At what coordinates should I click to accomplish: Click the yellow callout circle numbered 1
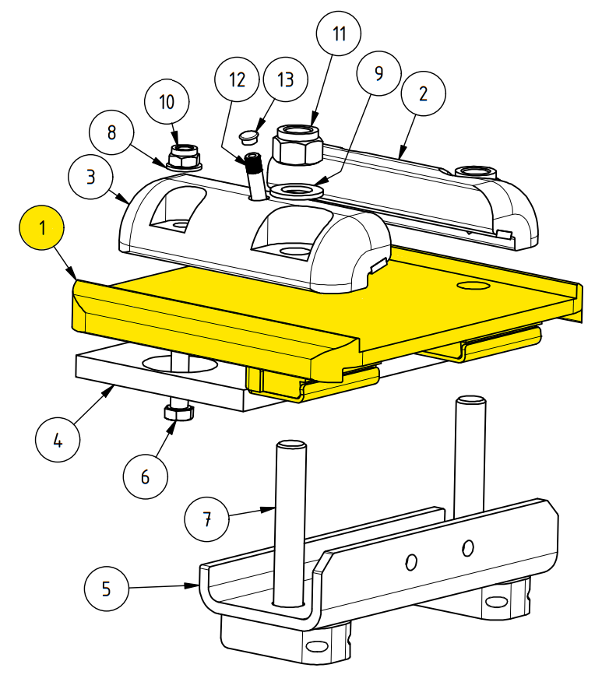[42, 227]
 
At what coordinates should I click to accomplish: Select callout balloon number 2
[423, 93]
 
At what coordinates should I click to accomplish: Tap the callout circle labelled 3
[90, 177]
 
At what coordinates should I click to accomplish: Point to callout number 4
[58, 440]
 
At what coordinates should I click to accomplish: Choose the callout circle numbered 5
[107, 589]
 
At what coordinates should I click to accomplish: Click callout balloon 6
[146, 476]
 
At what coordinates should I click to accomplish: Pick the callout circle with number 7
[206, 519]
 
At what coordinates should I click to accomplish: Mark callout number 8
[111, 132]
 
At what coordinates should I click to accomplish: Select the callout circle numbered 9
[378, 73]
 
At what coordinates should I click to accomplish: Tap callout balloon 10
[167, 102]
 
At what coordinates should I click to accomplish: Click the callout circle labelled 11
[339, 33]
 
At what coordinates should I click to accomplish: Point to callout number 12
[237, 79]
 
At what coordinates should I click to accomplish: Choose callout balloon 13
[285, 79]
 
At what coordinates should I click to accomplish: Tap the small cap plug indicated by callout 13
[248, 135]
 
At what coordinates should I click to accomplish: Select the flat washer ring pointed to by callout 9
[296, 190]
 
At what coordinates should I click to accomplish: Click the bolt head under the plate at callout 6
[178, 412]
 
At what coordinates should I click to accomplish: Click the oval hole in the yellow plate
[473, 285]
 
